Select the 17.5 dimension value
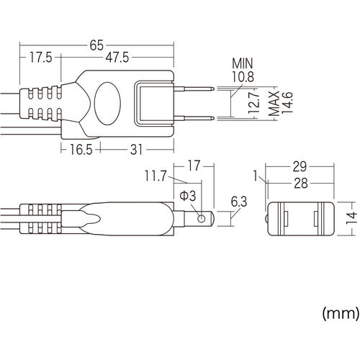[x=42, y=57]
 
